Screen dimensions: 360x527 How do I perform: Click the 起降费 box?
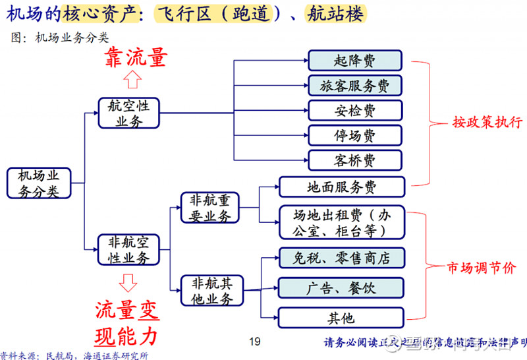pyautogui.click(x=354, y=61)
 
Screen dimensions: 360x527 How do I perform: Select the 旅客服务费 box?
pyautogui.click(x=354, y=86)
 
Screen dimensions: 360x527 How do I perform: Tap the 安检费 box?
pyautogui.click(x=354, y=110)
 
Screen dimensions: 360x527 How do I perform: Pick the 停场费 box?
pyautogui.click(x=354, y=135)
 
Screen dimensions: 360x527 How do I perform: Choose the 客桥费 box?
pyautogui.click(x=354, y=160)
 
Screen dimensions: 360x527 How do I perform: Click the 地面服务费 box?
pyautogui.click(x=341, y=187)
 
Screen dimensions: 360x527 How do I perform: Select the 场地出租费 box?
pyautogui.click(x=340, y=222)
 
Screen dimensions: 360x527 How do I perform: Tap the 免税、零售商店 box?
pyautogui.click(x=340, y=258)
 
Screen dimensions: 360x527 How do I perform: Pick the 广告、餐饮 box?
pyautogui.click(x=340, y=287)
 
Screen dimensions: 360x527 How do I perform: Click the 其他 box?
pyautogui.click(x=340, y=318)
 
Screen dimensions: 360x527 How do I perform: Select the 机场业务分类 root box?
pyautogui.click(x=38, y=183)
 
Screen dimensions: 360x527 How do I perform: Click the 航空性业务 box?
pyautogui.click(x=128, y=113)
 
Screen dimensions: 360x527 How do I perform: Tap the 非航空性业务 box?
pyautogui.click(x=128, y=250)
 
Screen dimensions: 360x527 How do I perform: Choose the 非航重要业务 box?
pyautogui.click(x=210, y=208)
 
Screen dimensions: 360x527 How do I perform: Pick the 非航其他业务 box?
pyautogui.click(x=211, y=291)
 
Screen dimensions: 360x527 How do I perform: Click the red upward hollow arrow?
pyautogui.click(x=133, y=80)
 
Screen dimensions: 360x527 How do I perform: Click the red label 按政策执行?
pyautogui.click(x=487, y=122)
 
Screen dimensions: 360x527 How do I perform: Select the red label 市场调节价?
pyautogui.click(x=482, y=268)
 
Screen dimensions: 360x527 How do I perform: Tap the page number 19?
pyautogui.click(x=255, y=342)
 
